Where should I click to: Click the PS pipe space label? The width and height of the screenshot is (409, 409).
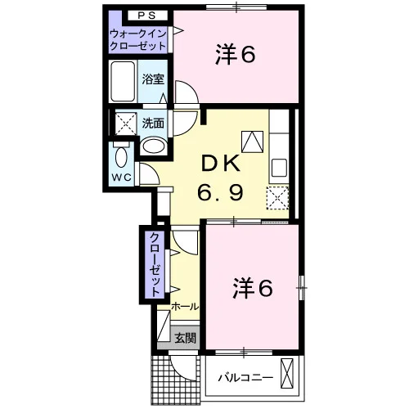(146, 16)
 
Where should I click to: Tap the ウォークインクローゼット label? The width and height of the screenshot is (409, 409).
(137, 40)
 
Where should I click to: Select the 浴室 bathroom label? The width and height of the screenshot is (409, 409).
(153, 79)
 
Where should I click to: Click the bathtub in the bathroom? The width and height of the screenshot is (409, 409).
(123, 81)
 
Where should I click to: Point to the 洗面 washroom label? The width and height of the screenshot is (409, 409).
(153, 124)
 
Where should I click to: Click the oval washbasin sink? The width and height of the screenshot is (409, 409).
(154, 146)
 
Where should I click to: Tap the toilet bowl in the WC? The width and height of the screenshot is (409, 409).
(121, 157)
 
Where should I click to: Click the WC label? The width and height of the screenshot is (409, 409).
(122, 178)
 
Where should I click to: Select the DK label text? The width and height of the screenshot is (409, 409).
(220, 163)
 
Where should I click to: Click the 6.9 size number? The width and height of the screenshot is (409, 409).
(220, 192)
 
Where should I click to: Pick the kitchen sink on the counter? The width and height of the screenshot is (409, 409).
(279, 168)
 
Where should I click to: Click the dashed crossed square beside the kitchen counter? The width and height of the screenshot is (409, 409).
(277, 198)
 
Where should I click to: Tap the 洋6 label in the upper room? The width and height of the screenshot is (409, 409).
(236, 55)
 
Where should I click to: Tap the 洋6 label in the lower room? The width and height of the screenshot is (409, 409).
(253, 289)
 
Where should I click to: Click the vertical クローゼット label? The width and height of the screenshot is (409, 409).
(155, 264)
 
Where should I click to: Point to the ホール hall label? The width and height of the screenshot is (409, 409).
(185, 307)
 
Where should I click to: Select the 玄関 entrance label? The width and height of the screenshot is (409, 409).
(185, 338)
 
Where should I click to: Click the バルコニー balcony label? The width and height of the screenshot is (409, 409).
(245, 378)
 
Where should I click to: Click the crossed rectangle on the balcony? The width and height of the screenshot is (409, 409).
(287, 374)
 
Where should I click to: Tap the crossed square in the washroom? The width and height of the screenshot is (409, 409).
(126, 124)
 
